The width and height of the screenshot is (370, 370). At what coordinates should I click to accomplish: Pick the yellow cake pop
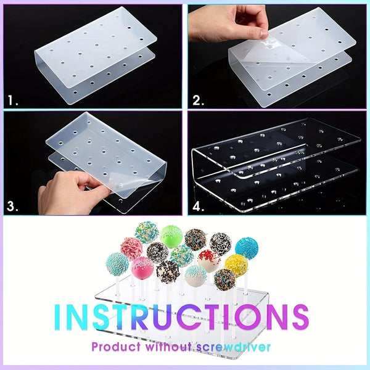tap(236, 266)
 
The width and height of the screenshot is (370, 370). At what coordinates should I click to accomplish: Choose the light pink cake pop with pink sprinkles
tap(131, 248)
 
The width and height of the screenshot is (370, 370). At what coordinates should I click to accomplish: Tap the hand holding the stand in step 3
tap(68, 188)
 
